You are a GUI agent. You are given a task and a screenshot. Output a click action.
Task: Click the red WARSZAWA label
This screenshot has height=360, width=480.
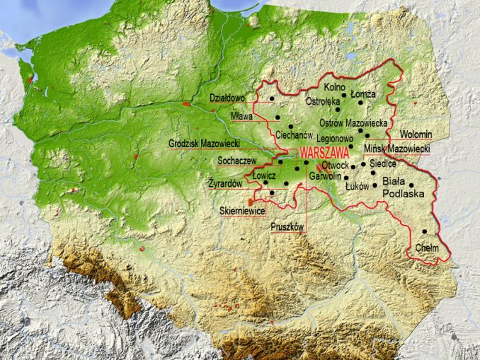pos(325,152)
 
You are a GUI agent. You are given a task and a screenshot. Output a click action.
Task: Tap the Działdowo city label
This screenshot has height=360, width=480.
pos(227,98)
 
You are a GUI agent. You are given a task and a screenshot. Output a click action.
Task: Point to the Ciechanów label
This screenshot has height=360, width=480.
pos(294,134)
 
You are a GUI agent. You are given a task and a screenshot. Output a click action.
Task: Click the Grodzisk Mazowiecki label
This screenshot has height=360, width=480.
pos(204,144)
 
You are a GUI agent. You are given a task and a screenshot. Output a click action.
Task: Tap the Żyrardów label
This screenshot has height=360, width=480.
pos(226,183)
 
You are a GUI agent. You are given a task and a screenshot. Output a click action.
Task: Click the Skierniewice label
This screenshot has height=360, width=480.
pos(242,211)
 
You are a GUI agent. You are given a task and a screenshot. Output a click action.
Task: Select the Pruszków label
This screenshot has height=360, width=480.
pos(287,227)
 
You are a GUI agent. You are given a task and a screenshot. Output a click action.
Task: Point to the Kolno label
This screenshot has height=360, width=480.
pos(333,87)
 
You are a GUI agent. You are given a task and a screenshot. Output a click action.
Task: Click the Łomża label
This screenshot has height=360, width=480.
pos(364,94)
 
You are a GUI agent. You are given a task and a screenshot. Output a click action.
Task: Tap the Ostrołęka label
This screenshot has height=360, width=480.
pos(322,101)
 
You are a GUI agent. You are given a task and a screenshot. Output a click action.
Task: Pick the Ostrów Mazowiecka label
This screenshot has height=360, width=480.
pos(353,123)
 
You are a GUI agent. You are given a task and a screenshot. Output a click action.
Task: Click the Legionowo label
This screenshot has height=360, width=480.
pos(335,139)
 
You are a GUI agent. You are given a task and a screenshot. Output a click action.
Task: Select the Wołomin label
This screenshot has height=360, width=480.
pos(416,134)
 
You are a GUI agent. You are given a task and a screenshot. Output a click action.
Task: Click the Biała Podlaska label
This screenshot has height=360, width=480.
pos(402,187)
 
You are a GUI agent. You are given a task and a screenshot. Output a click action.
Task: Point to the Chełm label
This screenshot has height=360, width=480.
pos(427,248)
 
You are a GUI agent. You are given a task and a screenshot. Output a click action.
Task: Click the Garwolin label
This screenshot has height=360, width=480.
pos(326,175)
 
